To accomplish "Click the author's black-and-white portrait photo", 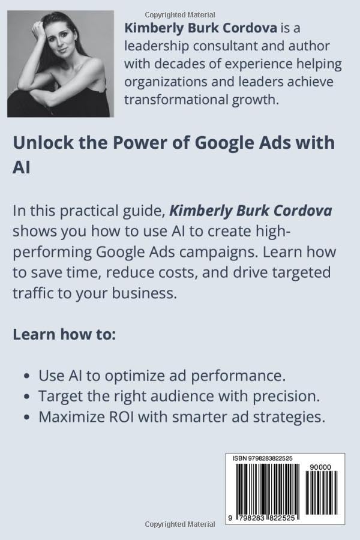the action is pyautogui.click(x=61, y=64).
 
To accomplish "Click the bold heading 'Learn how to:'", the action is pyautogui.click(x=64, y=334).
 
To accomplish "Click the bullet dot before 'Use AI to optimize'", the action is pyautogui.click(x=27, y=376).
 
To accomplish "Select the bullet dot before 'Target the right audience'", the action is pyautogui.click(x=27, y=397).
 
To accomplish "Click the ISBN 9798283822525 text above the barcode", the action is pyautogui.click(x=263, y=458).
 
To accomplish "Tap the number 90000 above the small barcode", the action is pyautogui.click(x=320, y=467).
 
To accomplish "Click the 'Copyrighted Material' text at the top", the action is pyautogui.click(x=180, y=15).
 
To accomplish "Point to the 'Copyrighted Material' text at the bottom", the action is pyautogui.click(x=180, y=524).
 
